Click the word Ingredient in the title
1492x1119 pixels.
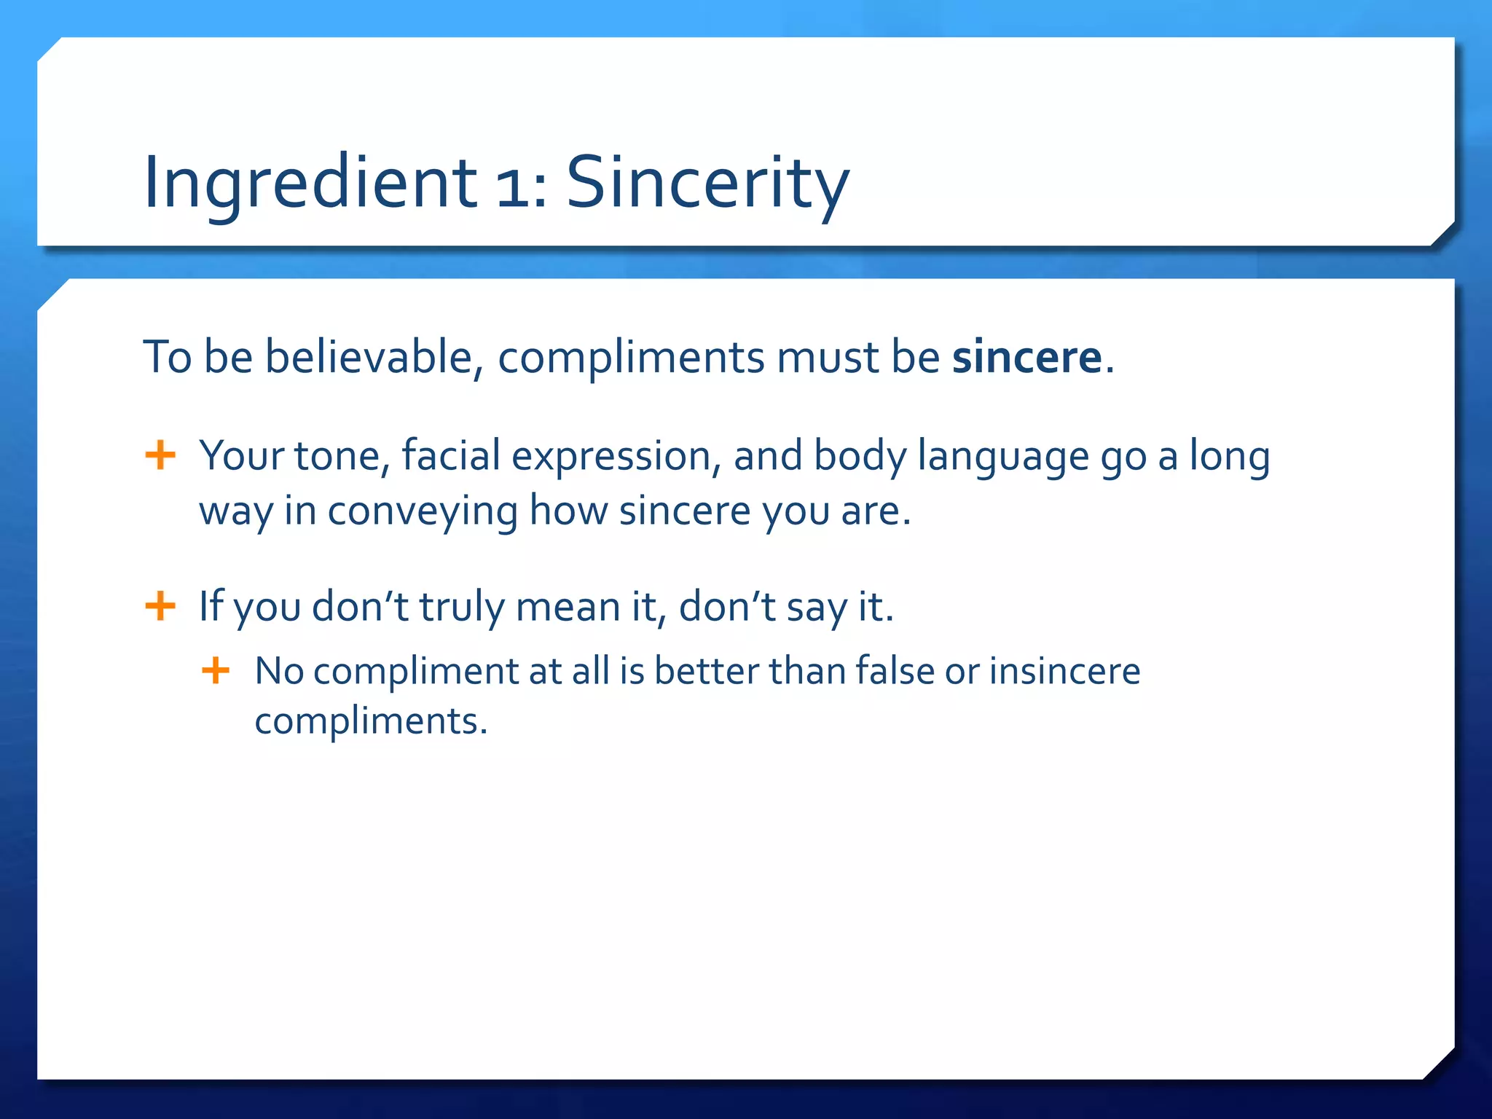[310, 184]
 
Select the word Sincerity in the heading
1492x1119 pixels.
[707, 184]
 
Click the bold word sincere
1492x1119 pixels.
[1027, 358]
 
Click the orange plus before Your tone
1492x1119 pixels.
[160, 456]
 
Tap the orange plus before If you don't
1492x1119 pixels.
[160, 606]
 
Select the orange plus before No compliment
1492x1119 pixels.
[216, 670]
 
